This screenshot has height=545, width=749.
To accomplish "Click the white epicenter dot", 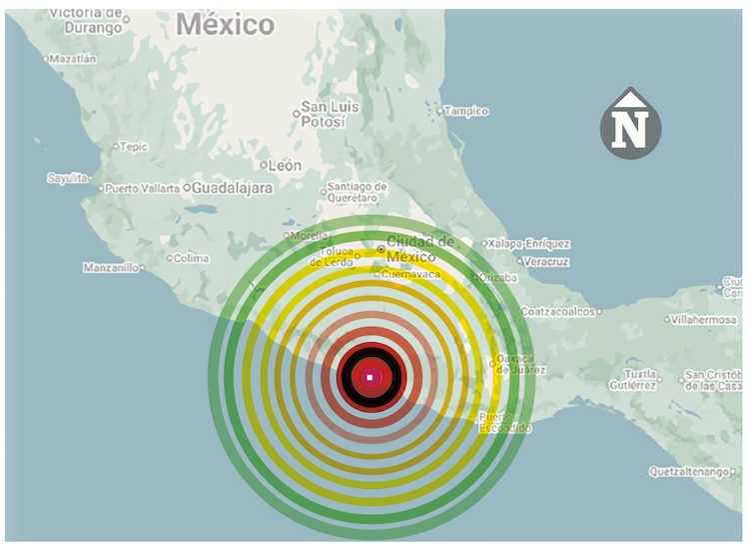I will [x=371, y=377].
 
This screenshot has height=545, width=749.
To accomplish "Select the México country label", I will [x=225, y=25].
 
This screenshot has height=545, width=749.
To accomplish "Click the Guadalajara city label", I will [x=232, y=187].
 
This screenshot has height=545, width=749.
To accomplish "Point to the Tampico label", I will [x=467, y=111].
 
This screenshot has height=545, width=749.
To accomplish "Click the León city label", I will [x=285, y=165].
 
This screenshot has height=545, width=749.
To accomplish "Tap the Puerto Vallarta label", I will [x=143, y=188].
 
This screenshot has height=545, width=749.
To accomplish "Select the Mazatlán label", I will [x=73, y=59].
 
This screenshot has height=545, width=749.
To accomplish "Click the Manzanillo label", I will [x=112, y=268].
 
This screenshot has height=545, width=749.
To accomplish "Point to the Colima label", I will [x=191, y=258].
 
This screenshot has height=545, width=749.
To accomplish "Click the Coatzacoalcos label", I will [x=563, y=311].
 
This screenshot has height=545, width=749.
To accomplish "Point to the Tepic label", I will [x=133, y=147].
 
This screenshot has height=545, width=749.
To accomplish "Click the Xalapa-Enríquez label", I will [x=529, y=243].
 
